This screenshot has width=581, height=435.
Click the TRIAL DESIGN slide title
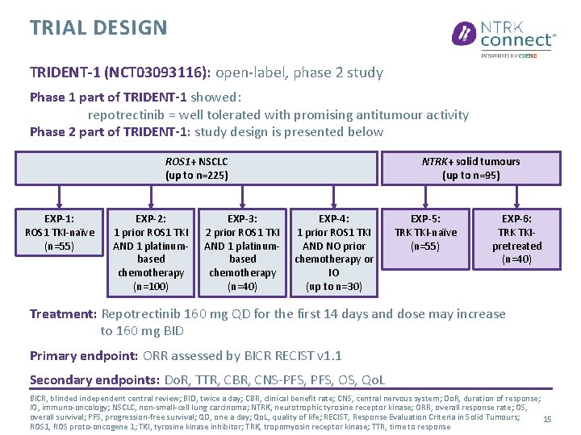click(98, 28)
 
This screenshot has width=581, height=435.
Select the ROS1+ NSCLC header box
click(197, 168)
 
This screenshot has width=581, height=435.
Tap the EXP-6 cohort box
click(516, 238)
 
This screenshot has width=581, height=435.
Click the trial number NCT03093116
click(161, 72)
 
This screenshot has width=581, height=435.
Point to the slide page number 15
click(547, 420)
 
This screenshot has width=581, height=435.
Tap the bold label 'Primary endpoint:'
click(84, 355)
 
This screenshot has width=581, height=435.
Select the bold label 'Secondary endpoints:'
click(94, 379)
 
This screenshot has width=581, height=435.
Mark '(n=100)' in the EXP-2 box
click(151, 286)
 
